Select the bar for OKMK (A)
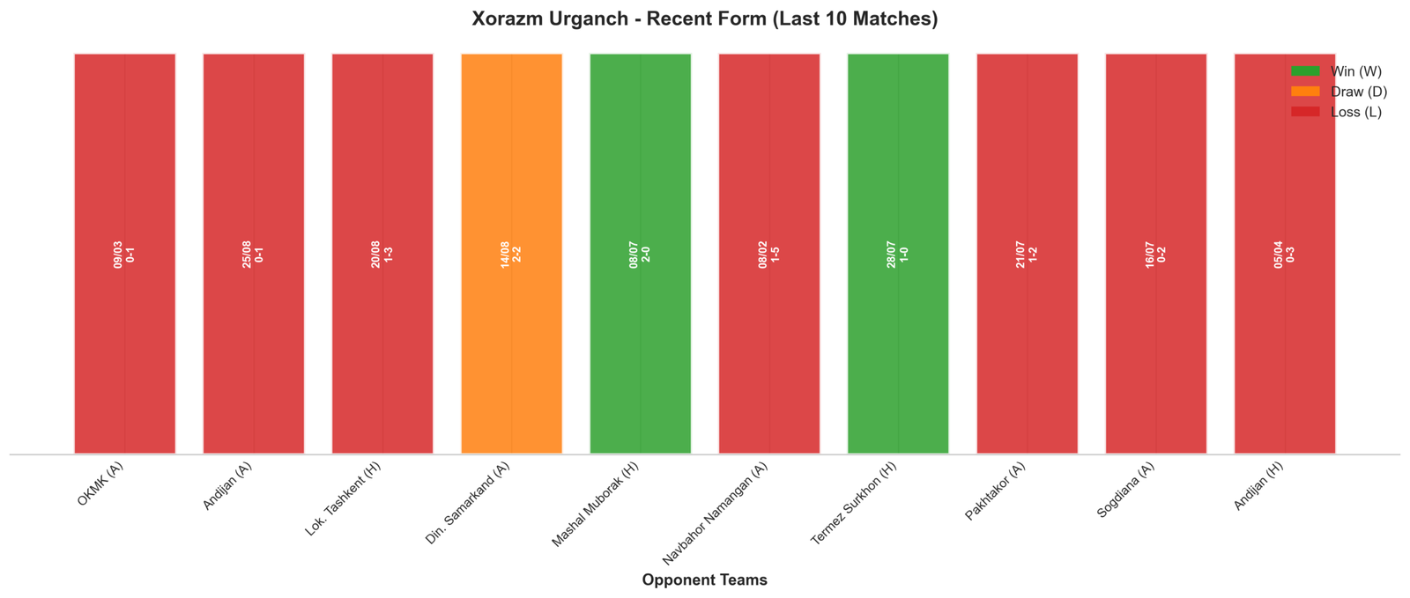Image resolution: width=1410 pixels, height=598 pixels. pos(124,254)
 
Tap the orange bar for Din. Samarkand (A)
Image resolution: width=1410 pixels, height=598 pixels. pos(511,254)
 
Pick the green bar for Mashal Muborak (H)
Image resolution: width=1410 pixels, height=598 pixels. pos(640,254)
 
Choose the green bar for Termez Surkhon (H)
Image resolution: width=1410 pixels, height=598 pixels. pos(898,254)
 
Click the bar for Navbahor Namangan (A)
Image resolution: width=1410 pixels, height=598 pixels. pos(769,254)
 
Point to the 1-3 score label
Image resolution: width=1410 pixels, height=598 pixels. pos(389,254)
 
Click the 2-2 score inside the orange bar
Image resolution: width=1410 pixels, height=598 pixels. pos(516,254)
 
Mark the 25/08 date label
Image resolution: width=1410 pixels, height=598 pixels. pos(247,254)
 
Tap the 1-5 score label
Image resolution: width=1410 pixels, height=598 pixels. pos(775,254)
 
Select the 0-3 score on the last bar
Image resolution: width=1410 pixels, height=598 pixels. pos(1290,254)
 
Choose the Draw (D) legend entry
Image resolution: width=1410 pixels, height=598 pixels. pos(1339,92)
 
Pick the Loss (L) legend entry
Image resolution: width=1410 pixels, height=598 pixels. pos(1336,112)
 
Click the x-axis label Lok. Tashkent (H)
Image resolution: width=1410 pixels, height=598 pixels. pos(343,498)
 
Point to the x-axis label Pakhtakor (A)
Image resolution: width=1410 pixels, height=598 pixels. pos(995,491)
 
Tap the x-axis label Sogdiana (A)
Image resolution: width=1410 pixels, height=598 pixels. pos(1125,490)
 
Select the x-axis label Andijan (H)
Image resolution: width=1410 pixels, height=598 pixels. pos(1258,486)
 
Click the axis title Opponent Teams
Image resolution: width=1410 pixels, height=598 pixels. pos(704,580)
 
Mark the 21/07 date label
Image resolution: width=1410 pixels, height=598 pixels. pos(1020,254)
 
